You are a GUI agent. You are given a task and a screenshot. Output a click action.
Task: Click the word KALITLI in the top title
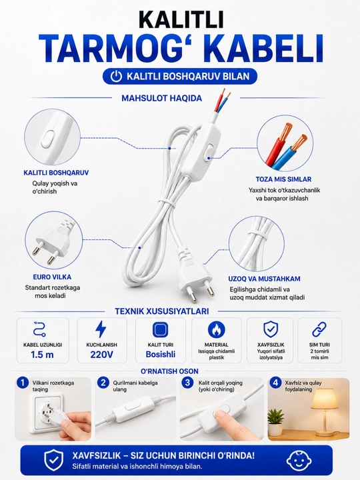181,19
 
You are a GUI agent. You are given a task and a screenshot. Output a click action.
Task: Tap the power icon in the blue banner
116,76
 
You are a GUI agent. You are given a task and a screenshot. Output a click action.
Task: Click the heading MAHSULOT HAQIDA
161,98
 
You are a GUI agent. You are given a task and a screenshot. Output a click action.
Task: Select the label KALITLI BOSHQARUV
56,173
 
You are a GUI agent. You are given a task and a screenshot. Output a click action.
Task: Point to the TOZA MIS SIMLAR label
283,179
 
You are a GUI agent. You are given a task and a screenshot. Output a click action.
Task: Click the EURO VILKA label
52,277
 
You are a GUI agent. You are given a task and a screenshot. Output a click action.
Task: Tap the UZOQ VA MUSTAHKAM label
264,279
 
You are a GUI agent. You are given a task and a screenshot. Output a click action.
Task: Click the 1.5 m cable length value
42,355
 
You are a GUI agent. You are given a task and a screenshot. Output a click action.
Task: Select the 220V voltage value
101,355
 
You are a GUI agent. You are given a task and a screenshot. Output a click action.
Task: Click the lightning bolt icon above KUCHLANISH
101,329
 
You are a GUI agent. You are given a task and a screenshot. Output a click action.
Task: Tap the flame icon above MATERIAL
216,330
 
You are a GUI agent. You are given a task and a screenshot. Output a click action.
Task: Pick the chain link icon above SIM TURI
319,329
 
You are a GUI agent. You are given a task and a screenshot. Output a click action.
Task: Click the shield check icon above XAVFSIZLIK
270,329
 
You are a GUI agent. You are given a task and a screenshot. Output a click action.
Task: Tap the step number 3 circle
187,383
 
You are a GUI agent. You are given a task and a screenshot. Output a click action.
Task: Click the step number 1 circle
23,383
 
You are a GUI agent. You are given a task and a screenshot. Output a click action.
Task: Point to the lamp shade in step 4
325,399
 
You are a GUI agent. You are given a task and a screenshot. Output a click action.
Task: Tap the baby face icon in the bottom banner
299,461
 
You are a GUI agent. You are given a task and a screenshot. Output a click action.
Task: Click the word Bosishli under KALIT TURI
161,355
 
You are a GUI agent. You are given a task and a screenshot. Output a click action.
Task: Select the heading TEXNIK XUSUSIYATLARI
162,311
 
